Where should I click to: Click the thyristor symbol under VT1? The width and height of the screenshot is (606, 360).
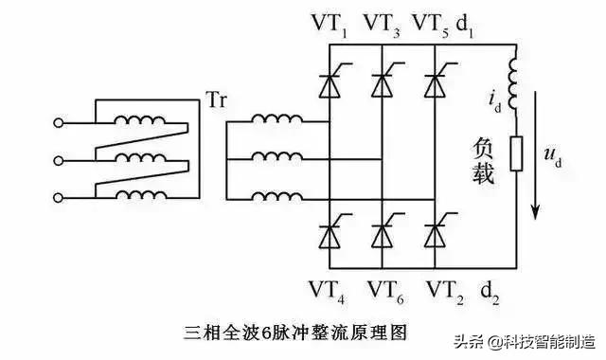point(328,86)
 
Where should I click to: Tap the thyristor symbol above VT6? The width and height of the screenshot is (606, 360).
point(382,230)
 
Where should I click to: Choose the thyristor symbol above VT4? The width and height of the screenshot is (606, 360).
point(328,230)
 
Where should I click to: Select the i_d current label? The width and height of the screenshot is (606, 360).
point(496,98)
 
